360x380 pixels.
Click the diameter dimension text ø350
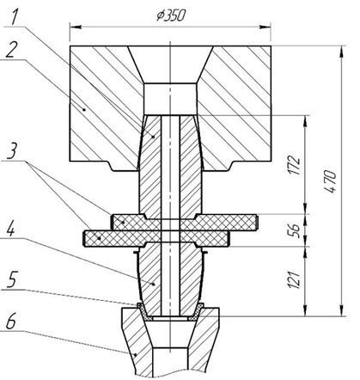171,15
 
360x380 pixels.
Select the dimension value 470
330,181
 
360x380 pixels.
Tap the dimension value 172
295,165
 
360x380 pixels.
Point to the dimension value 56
295,230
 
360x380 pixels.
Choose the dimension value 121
295,279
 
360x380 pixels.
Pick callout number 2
10,49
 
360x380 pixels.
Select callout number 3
11,152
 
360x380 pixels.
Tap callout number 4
11,228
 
